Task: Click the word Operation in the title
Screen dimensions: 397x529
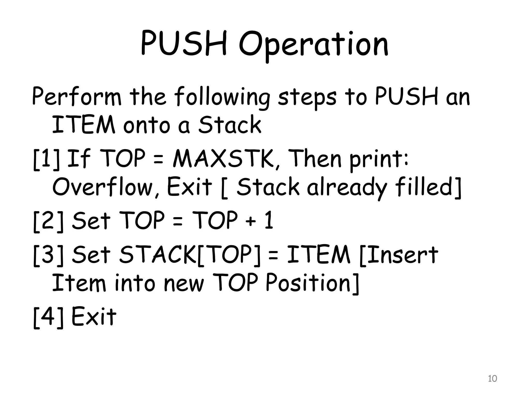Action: pyautogui.click(x=314, y=44)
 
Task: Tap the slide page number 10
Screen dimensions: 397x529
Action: pyautogui.click(x=492, y=379)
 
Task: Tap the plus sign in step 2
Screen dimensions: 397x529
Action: pyautogui.click(x=250, y=222)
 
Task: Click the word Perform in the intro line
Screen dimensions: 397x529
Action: pyautogui.click(x=76, y=97)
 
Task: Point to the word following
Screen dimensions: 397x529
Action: pyautogui.click(x=222, y=98)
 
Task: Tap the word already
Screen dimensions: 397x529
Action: pyautogui.click(x=347, y=187)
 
